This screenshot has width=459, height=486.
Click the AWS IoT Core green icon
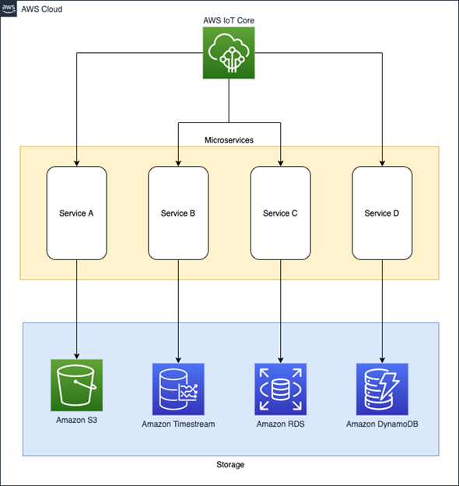point(229,54)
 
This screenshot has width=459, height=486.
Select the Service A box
point(76,213)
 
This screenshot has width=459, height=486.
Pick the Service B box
point(178,213)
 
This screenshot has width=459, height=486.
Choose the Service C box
point(280,213)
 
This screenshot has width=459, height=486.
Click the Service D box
point(382,213)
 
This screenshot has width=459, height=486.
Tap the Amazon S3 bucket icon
point(76,385)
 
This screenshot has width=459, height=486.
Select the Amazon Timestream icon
point(178,388)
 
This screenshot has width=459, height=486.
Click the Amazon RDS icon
point(280,388)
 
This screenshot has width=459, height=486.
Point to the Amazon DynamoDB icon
point(382,388)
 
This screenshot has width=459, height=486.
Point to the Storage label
point(229,465)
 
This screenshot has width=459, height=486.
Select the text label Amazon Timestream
point(178,424)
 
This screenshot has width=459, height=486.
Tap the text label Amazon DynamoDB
point(382,424)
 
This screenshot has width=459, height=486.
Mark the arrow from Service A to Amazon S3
point(76,308)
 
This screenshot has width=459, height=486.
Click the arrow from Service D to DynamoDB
point(382,308)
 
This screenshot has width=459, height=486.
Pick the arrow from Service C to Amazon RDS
point(280,308)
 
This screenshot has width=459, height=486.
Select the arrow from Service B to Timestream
point(178,308)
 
